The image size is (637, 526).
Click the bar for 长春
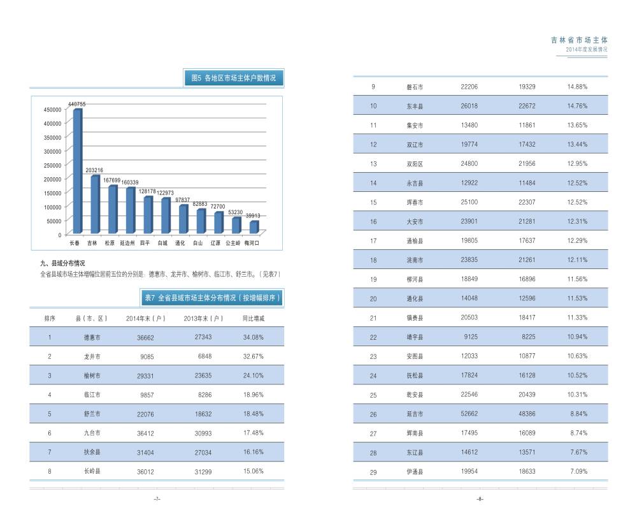pos(77,171)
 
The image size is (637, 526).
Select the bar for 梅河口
pos(254,227)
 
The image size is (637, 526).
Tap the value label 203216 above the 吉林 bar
pos(95,170)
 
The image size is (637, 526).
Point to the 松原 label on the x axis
pos(110,243)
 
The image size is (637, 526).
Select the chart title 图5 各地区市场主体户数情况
pos(234,78)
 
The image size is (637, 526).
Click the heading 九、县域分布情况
pos(62,263)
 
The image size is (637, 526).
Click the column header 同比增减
pos(253,318)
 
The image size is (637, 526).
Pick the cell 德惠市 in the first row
pos(92,337)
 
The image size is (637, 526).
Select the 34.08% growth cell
pos(253,337)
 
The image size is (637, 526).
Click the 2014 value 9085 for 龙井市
pos(146,356)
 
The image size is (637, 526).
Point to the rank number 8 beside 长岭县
pos(49,472)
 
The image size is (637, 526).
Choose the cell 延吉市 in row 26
pos(415,414)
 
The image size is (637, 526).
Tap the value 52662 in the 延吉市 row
pos(469,414)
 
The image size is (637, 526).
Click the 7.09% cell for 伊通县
pos(577,472)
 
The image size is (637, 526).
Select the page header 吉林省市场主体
pos(579,40)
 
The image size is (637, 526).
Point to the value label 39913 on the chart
pos(254,216)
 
